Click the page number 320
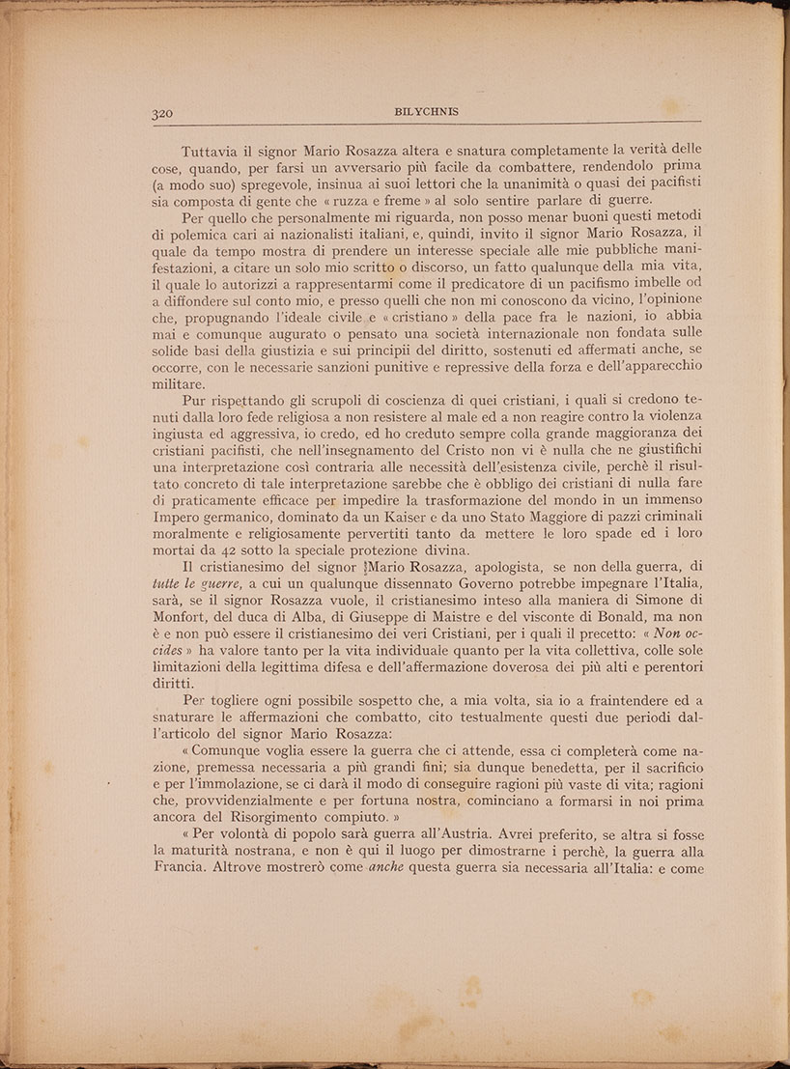[x=163, y=113]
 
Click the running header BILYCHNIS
[x=427, y=112]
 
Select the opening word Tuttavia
[x=211, y=153]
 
